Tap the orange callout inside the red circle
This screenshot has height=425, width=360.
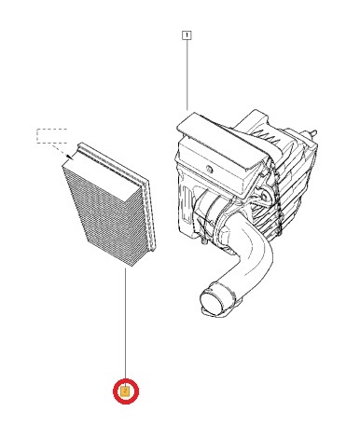(125, 391)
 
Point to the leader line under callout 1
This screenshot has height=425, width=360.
(187, 75)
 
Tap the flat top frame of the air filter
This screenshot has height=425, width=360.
(112, 160)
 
